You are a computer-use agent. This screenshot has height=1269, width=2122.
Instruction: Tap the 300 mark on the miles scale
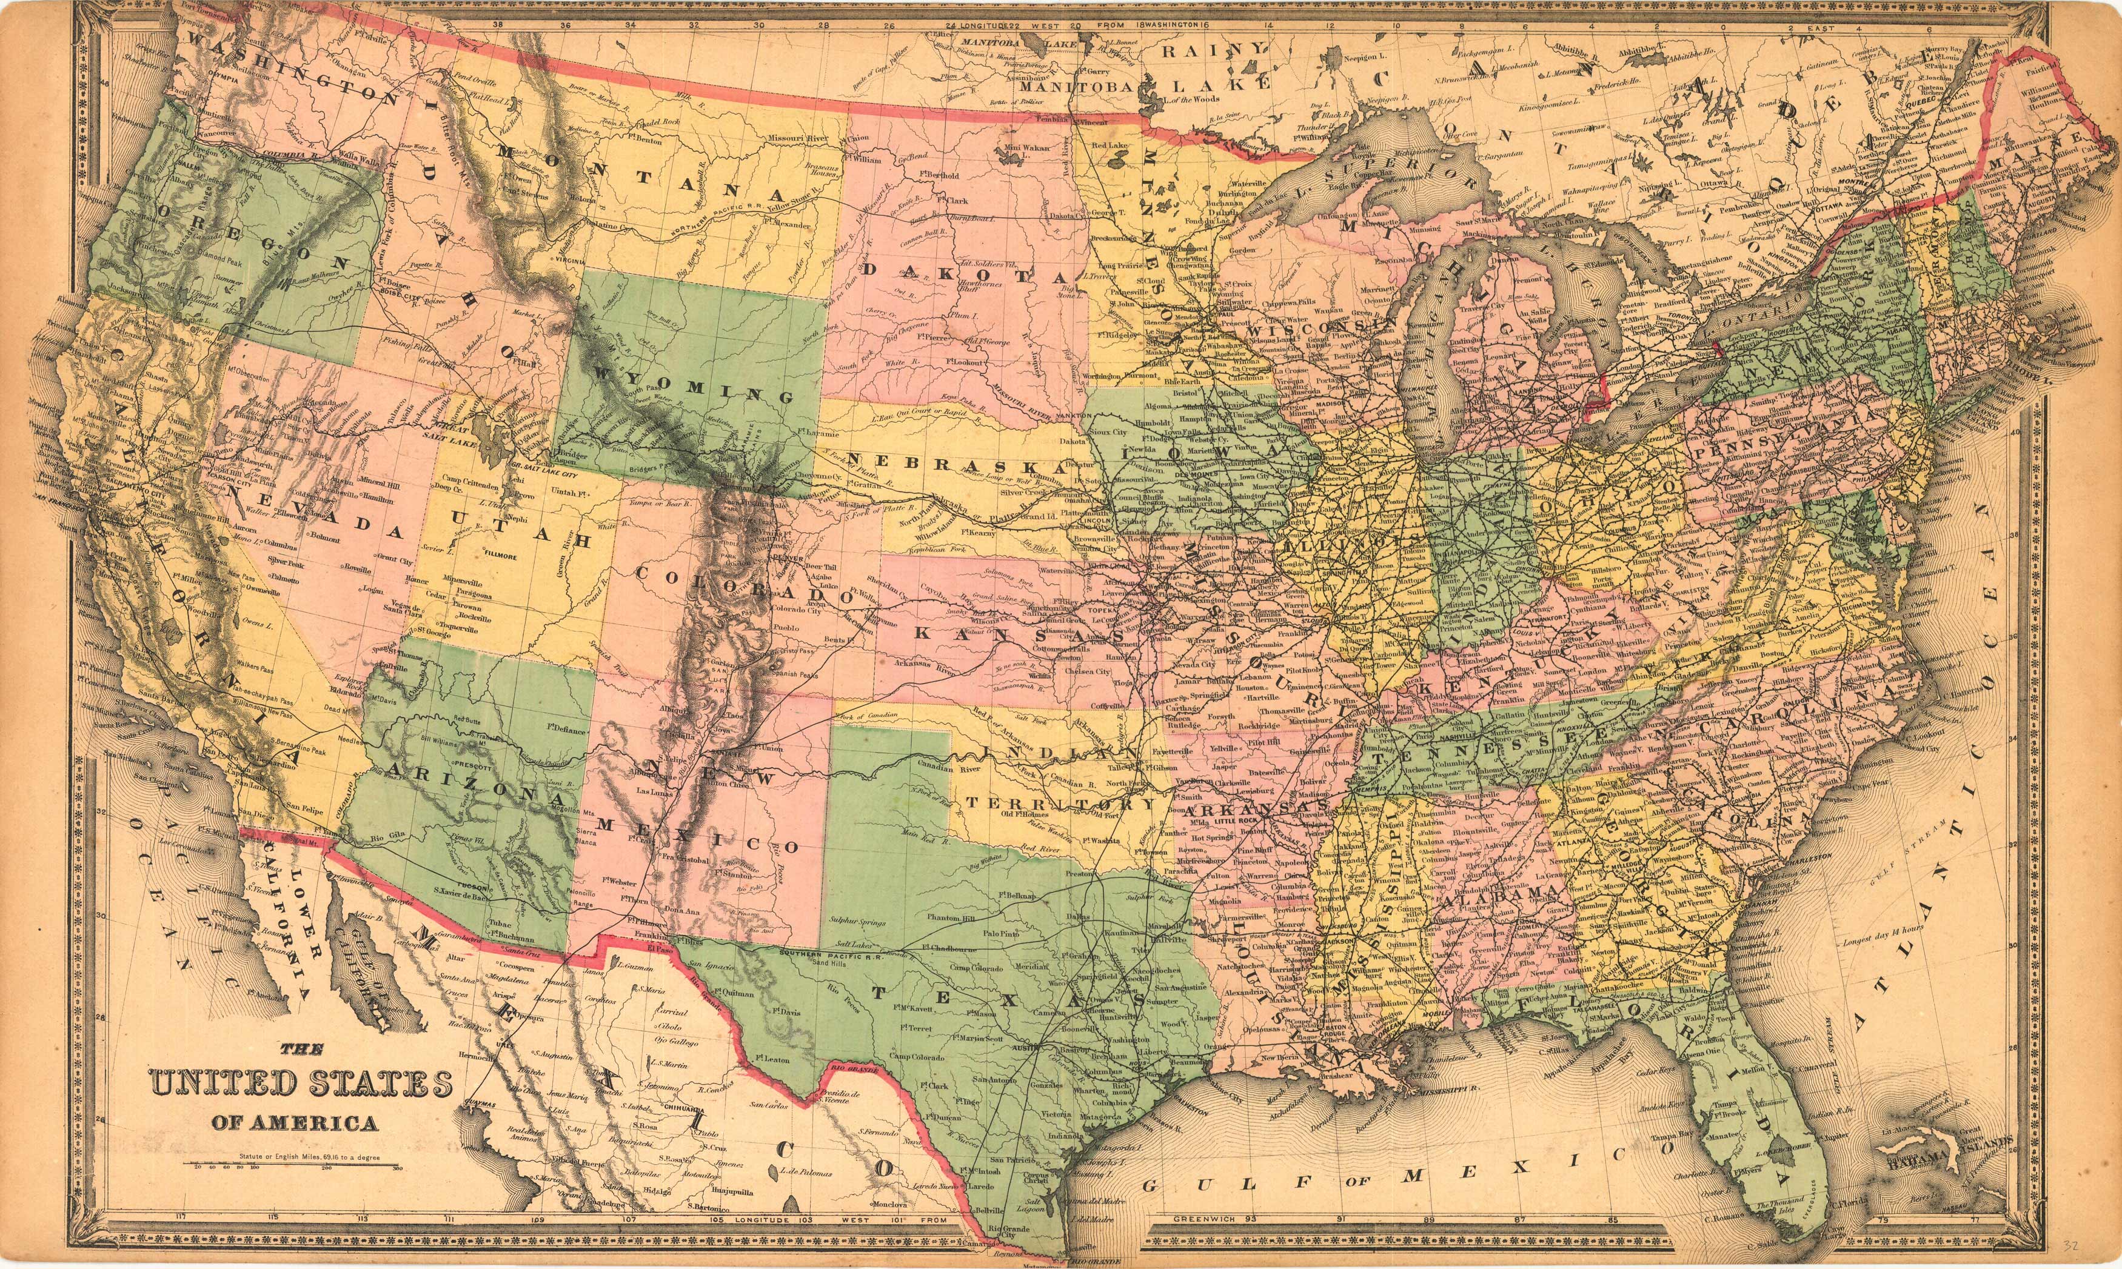(396, 1167)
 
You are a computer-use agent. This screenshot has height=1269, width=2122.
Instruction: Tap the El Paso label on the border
(657, 947)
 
